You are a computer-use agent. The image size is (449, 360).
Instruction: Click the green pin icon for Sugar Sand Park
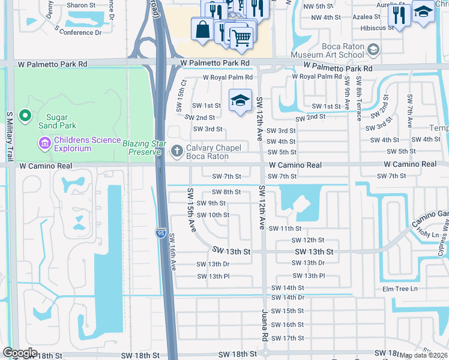click(25, 115)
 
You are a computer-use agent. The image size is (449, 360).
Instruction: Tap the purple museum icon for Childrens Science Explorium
click(44, 143)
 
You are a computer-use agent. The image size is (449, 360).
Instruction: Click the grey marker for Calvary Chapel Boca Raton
click(176, 151)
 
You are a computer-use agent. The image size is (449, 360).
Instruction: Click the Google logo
click(20, 353)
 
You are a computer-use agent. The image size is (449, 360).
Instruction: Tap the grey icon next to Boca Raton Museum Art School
click(374, 49)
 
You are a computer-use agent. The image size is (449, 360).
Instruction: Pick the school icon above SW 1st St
click(240, 100)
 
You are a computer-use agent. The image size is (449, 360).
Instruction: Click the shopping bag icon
click(203, 28)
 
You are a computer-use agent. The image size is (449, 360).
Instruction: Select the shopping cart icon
click(241, 38)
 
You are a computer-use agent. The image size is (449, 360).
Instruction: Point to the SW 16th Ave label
click(173, 251)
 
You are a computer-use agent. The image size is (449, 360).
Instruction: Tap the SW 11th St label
click(285, 229)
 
